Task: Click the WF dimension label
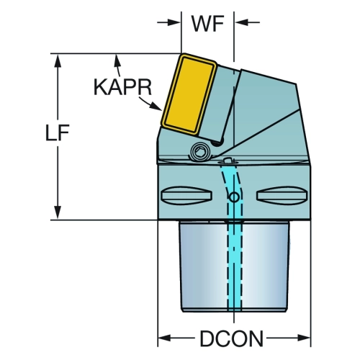point(207,24)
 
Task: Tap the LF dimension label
point(58,132)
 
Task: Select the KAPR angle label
point(122,88)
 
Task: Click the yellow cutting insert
point(189,94)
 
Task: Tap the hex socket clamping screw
point(200,152)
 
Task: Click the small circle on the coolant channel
point(234,197)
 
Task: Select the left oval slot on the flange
point(186,196)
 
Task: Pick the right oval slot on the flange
point(282,196)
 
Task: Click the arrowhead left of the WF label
point(174,22)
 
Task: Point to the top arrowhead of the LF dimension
point(58,60)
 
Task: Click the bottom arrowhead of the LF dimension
point(58,212)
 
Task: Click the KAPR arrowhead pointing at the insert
point(156,107)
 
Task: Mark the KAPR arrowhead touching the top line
point(117,60)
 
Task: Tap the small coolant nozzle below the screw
point(228,161)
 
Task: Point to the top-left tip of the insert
point(183,54)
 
